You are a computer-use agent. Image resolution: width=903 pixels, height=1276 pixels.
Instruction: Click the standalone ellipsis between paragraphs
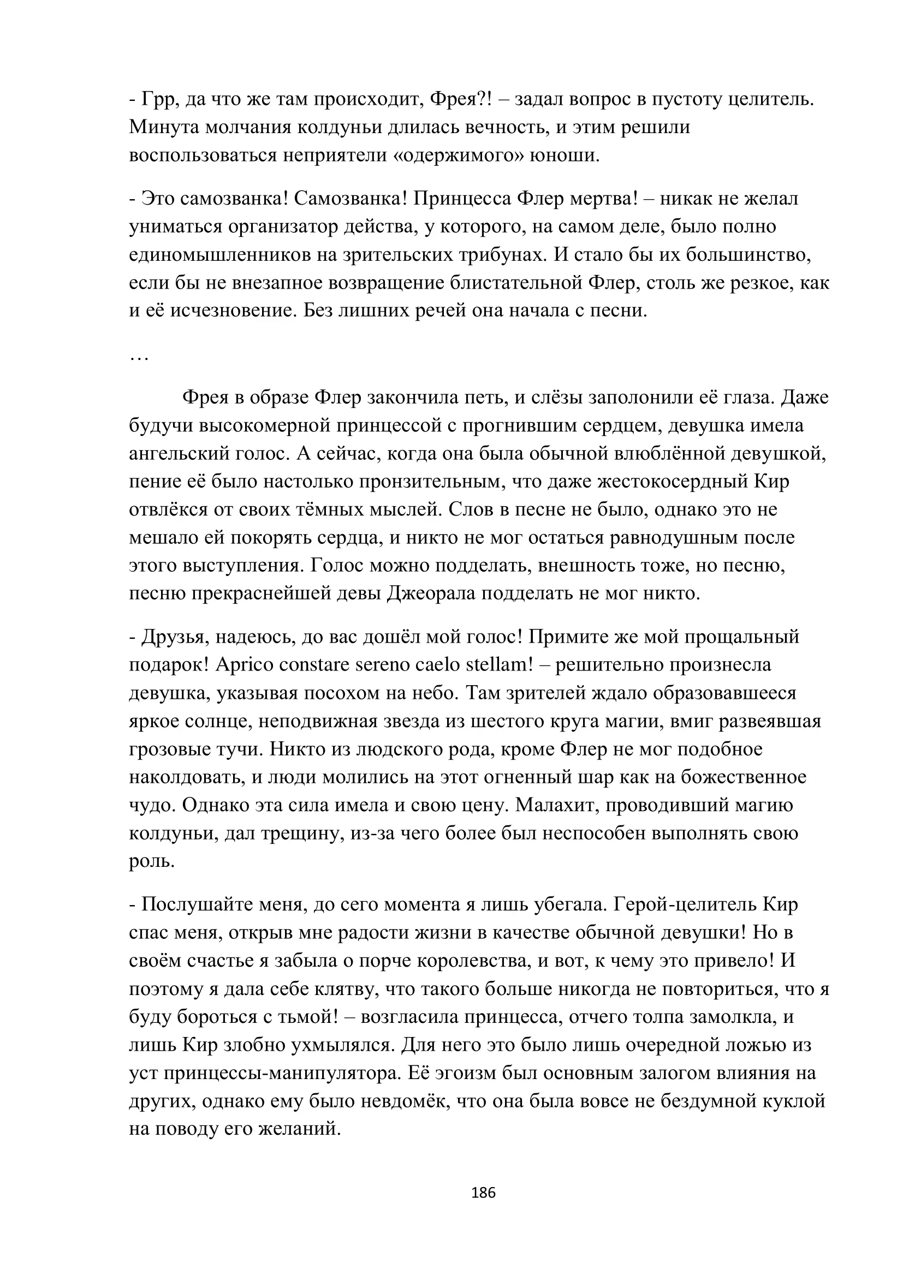pos(139,357)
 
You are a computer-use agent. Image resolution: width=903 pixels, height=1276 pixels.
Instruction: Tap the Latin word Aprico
pos(243,664)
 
